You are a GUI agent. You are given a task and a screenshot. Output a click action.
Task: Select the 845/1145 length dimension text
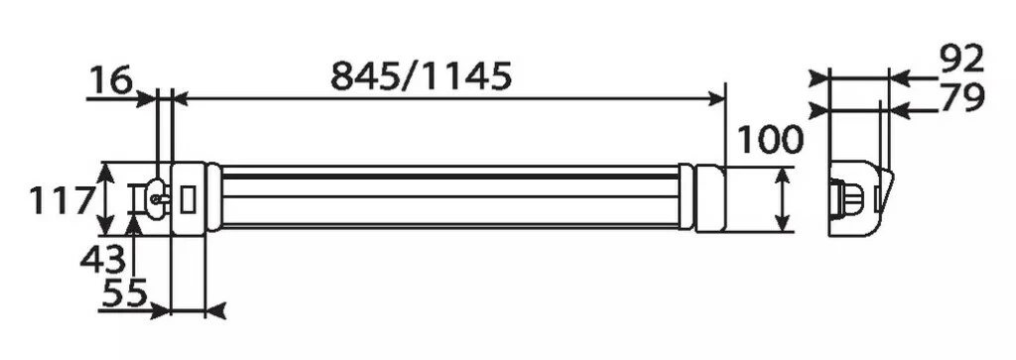[421, 76]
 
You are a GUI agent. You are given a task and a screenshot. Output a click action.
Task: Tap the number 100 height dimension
[769, 140]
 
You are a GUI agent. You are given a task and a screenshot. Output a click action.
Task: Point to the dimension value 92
[961, 60]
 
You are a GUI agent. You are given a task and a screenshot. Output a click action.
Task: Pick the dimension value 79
[960, 97]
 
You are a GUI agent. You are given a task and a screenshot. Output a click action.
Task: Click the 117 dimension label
[60, 202]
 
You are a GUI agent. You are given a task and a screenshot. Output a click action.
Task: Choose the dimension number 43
[103, 260]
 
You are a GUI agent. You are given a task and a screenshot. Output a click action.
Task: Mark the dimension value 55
[125, 294]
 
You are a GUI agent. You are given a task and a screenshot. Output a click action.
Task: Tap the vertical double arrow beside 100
[784, 199]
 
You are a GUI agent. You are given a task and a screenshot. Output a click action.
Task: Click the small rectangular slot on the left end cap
[189, 197]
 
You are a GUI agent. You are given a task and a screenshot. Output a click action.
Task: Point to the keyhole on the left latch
[155, 196]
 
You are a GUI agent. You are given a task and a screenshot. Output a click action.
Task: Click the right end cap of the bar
[710, 198]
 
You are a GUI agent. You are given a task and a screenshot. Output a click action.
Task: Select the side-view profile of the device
[859, 197]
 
